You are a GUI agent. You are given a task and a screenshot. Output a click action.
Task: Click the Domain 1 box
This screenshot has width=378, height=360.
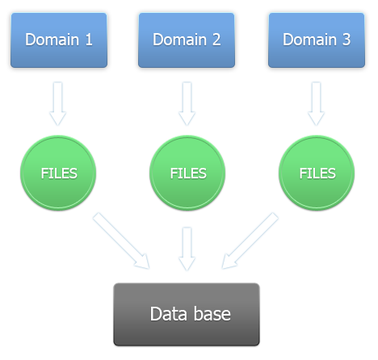click(59, 40)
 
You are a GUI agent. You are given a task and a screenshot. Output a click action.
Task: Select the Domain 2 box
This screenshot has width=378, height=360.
click(187, 40)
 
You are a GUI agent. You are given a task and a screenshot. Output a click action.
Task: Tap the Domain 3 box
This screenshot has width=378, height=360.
click(317, 40)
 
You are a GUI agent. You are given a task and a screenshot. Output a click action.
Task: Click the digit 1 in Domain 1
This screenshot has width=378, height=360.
click(89, 40)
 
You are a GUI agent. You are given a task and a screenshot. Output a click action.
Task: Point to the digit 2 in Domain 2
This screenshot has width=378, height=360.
click(216, 40)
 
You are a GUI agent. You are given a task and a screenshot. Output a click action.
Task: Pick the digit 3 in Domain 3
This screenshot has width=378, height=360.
click(346, 40)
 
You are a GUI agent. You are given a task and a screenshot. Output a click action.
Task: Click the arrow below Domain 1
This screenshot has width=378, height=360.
click(57, 103)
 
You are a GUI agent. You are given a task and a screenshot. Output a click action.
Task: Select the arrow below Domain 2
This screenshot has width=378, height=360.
click(187, 103)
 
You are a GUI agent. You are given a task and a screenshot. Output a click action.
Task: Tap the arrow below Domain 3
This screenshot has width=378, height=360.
click(316, 103)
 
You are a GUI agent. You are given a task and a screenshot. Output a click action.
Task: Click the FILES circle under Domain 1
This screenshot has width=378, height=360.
click(58, 173)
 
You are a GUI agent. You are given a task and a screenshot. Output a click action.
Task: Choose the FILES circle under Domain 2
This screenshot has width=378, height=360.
click(187, 173)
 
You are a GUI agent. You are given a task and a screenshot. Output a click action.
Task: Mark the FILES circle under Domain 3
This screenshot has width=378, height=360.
click(317, 173)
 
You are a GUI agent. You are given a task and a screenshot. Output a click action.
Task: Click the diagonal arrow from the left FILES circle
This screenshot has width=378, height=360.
click(122, 241)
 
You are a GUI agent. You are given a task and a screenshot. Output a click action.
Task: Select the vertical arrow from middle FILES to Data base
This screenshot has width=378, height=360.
click(187, 249)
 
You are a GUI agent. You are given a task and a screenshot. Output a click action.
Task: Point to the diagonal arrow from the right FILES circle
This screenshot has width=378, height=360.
click(250, 241)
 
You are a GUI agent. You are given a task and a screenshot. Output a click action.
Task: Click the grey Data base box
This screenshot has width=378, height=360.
click(187, 314)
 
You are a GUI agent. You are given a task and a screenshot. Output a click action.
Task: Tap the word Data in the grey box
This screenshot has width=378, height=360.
click(168, 314)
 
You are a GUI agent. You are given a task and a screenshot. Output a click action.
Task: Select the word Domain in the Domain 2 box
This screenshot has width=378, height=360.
click(180, 40)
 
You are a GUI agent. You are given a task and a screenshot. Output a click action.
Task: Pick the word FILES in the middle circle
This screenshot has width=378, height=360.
click(188, 174)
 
